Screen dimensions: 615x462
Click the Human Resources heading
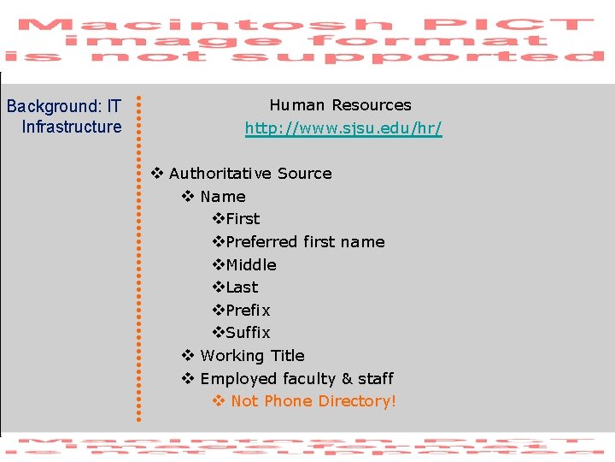[340, 105]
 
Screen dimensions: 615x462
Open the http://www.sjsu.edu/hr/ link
[343, 128]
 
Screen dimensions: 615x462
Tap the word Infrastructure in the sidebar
[72, 127]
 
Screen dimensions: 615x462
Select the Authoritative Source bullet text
[250, 174]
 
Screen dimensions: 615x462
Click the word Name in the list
[223, 197]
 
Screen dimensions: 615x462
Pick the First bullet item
[243, 219]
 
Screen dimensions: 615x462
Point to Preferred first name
[305, 242]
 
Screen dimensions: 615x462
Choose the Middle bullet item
[251, 265]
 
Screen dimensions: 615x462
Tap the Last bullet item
[242, 287]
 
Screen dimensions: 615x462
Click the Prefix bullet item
[248, 311]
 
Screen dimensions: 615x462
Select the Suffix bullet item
[248, 333]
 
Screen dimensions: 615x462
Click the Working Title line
[252, 356]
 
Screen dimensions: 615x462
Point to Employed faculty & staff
[296, 379]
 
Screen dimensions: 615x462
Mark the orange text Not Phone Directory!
[313, 401]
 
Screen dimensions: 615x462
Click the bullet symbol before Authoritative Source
[156, 174]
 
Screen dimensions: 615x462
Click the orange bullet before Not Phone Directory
[218, 401]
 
